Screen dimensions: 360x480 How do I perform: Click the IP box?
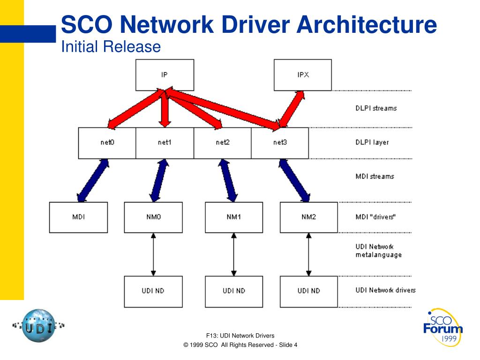pyautogui.click(x=165, y=75)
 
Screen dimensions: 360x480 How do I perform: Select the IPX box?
pyautogui.click(x=302, y=75)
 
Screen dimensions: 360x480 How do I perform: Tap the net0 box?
pyautogui.click(x=107, y=142)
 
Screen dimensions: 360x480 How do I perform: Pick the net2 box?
pyautogui.click(x=223, y=142)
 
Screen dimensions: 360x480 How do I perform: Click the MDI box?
pyautogui.click(x=78, y=217)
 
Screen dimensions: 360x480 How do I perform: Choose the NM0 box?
pyautogui.click(x=153, y=217)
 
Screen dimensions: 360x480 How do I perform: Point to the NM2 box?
pyautogui.click(x=308, y=217)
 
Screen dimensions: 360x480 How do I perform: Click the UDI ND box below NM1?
pyautogui.click(x=234, y=291)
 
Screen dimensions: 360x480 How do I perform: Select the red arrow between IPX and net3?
pyautogui.click(x=291, y=109)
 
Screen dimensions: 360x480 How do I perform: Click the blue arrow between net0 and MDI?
pyautogui.click(x=93, y=180)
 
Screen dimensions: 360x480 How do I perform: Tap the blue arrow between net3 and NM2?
pyautogui.click(x=294, y=180)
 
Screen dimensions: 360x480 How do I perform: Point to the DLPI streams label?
pyautogui.click(x=376, y=108)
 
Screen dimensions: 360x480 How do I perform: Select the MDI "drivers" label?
pyautogui.click(x=375, y=217)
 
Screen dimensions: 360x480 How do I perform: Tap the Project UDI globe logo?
pyautogui.click(x=38, y=325)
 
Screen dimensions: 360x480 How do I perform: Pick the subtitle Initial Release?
pyautogui.click(x=111, y=47)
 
